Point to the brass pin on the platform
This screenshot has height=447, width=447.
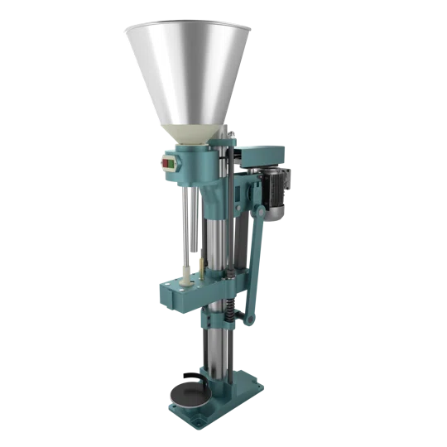pos(199,267)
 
